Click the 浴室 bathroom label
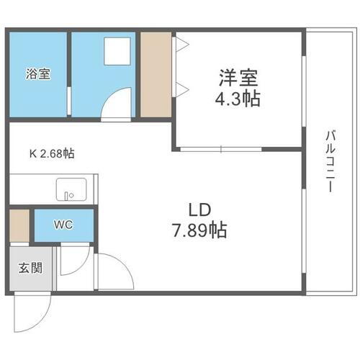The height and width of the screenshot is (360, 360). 39,73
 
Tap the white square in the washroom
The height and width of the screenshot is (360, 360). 113,51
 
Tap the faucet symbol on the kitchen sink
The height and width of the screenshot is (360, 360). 69,194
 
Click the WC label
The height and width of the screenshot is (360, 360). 63,225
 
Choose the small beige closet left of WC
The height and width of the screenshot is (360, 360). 20,225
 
